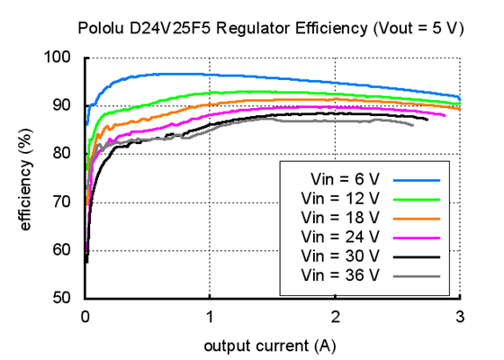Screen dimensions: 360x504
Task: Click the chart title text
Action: point(271,28)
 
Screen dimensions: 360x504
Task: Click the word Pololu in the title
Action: point(101,28)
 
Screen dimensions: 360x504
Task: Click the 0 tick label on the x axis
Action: point(85,316)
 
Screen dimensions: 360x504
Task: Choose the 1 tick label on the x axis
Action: point(210,316)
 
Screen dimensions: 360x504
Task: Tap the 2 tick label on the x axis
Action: point(335,316)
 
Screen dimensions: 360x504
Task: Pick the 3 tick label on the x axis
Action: point(460,316)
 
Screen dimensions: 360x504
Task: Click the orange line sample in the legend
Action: point(416,218)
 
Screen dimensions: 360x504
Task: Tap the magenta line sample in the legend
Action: point(416,237)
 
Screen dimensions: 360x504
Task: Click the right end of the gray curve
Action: point(413,125)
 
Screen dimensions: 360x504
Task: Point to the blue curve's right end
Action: point(459,98)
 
